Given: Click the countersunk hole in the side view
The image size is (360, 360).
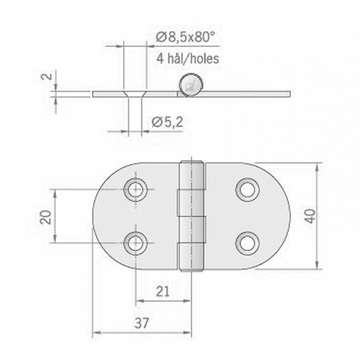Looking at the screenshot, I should (136, 92).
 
